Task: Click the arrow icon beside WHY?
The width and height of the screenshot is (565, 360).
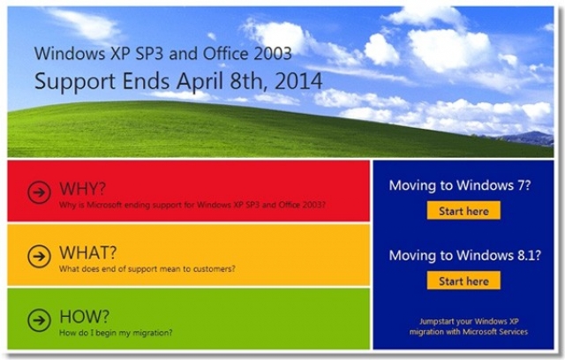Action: [x=39, y=192]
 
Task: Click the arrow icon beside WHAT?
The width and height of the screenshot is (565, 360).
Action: [x=39, y=256]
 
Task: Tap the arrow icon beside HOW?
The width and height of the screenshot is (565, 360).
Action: [x=39, y=319]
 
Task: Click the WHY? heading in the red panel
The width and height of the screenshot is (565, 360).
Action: [x=82, y=188]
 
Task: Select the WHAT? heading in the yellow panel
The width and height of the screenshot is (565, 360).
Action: [x=88, y=252]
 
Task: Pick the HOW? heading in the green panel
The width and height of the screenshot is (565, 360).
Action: [x=84, y=317]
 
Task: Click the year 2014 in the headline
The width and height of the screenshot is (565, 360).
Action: [x=298, y=81]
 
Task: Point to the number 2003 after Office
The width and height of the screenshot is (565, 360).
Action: [x=273, y=53]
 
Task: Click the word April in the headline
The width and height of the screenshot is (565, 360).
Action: [x=200, y=82]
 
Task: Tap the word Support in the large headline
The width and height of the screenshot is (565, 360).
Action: [x=75, y=82]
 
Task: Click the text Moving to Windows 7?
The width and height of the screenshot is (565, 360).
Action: [x=460, y=185]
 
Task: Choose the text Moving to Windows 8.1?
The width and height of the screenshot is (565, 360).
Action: [x=465, y=255]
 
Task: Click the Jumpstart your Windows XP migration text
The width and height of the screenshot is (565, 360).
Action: [x=469, y=326]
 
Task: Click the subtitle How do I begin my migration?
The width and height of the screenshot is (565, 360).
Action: [x=116, y=333]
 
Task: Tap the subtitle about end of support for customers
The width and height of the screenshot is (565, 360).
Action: [x=147, y=269]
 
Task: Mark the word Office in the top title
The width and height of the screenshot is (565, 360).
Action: [x=226, y=53]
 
